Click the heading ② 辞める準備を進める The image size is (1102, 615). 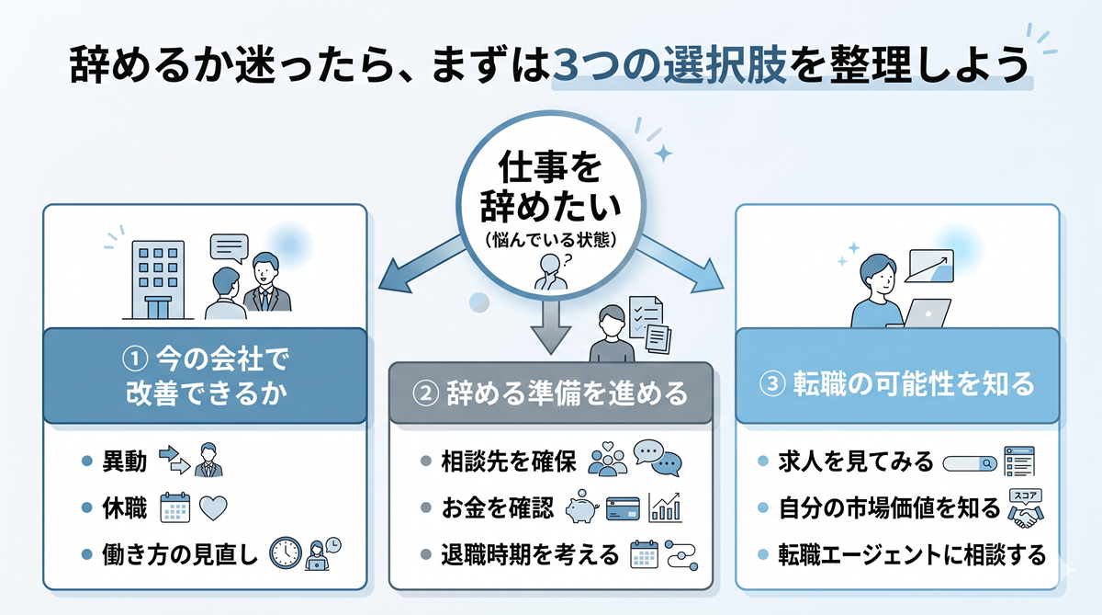(x=551, y=393)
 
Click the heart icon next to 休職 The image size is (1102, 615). (x=213, y=507)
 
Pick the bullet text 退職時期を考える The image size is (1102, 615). (x=530, y=554)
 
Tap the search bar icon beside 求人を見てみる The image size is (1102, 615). (x=970, y=462)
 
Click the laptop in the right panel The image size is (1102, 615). (x=926, y=313)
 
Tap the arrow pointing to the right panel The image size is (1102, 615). (x=680, y=263)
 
